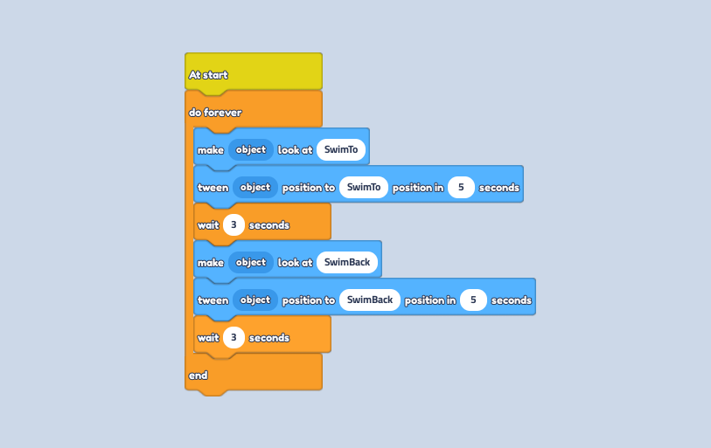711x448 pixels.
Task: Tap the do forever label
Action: [x=215, y=113]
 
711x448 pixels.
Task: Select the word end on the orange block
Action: [x=199, y=376]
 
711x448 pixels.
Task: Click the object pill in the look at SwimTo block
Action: [x=251, y=149]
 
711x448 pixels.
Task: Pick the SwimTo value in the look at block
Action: [x=341, y=149]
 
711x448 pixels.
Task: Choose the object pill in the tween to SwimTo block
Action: [x=255, y=187]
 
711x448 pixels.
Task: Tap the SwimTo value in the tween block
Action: [x=364, y=187]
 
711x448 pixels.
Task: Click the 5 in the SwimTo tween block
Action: [x=461, y=187]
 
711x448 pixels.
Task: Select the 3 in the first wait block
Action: [x=234, y=224]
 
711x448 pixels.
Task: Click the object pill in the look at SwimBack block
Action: [x=251, y=262]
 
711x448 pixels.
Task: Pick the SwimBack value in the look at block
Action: [x=347, y=262]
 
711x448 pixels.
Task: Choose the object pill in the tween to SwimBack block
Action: [x=255, y=300]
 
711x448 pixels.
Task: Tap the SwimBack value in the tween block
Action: [x=370, y=300]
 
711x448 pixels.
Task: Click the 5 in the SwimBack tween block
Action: [x=473, y=300]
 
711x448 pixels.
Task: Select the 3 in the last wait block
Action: [x=234, y=337]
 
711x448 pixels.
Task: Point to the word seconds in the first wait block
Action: [x=269, y=225]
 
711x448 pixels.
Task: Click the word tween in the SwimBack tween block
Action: [x=213, y=300]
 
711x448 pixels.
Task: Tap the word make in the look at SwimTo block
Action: [x=211, y=150]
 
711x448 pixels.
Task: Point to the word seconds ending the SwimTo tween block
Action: [x=499, y=188]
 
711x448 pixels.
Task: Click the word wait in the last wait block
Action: [x=208, y=338]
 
